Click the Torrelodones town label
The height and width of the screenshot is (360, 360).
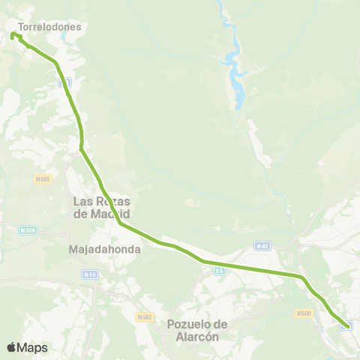[x=49, y=26]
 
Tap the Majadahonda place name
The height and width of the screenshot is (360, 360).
[x=104, y=249]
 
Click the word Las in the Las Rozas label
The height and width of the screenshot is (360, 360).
[x=83, y=201]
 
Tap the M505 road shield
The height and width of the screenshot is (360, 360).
[x=42, y=178]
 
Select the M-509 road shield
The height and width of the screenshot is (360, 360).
[x=28, y=230]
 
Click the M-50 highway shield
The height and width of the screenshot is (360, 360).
[x=90, y=275]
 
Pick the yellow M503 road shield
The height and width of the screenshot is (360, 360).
[x=145, y=317]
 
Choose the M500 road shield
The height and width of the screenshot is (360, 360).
[x=304, y=313]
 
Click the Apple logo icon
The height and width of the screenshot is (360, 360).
[x=11, y=347]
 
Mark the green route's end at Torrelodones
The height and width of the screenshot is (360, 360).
[x=13, y=35]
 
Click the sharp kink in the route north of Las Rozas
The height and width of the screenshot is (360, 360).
[x=81, y=148]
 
